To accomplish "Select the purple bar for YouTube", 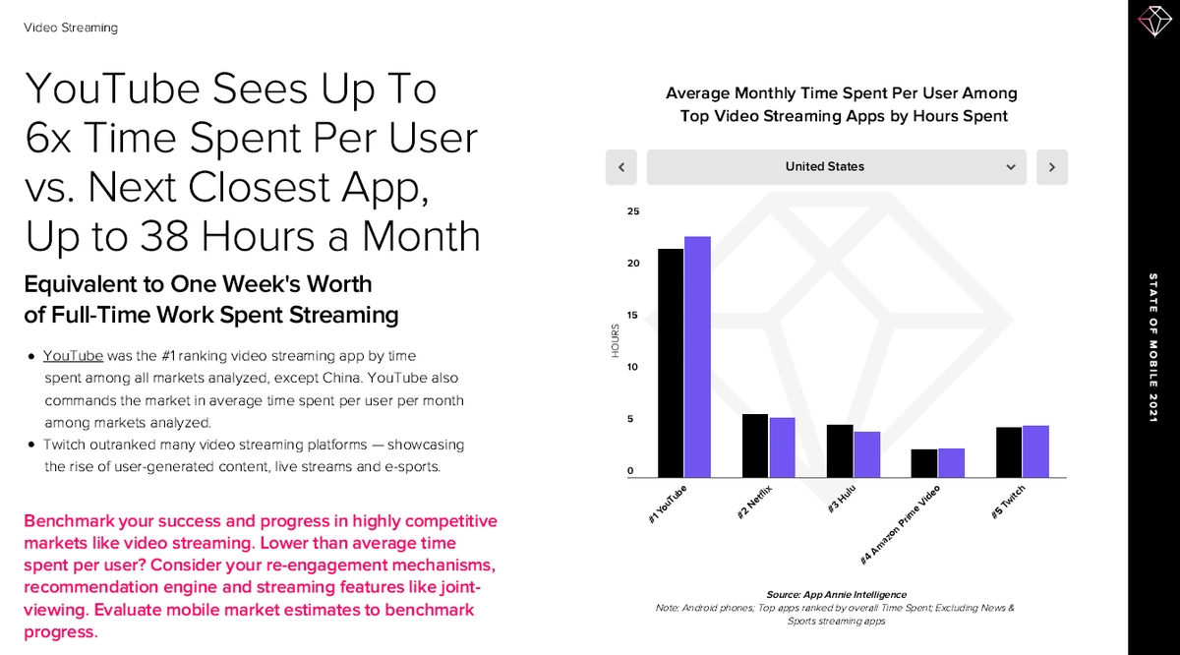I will coord(697,356).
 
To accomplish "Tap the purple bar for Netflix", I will coord(782,447).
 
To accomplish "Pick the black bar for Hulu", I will coord(840,450).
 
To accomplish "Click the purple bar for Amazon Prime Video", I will coord(951,462).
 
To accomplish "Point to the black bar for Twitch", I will coord(1009,451).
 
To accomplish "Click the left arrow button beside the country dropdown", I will coord(621,167).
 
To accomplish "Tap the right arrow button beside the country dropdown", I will coord(1051,167).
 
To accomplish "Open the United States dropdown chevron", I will coord(1010,167).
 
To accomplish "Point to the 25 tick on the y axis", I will coord(633,211).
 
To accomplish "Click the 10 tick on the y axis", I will coord(633,367).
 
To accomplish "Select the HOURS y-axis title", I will coord(616,340).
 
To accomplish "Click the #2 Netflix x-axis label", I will coord(756,501).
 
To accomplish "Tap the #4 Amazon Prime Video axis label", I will coord(900,524).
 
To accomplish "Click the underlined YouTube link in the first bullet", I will coord(73,355).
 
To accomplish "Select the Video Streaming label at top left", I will coord(70,28).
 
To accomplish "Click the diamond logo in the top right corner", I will coord(1151,21).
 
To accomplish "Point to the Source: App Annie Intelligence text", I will coord(836,594).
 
